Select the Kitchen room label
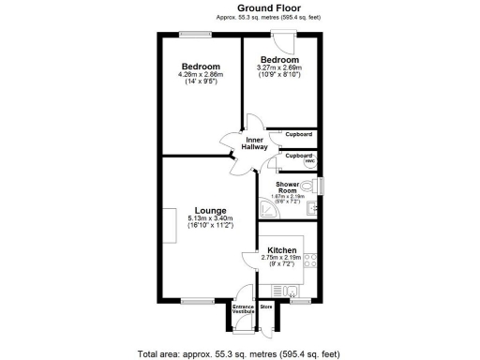click(282, 250)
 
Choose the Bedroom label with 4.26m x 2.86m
click(201, 67)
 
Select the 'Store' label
click(265, 306)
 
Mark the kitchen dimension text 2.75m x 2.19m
click(282, 259)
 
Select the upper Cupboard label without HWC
click(299, 134)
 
